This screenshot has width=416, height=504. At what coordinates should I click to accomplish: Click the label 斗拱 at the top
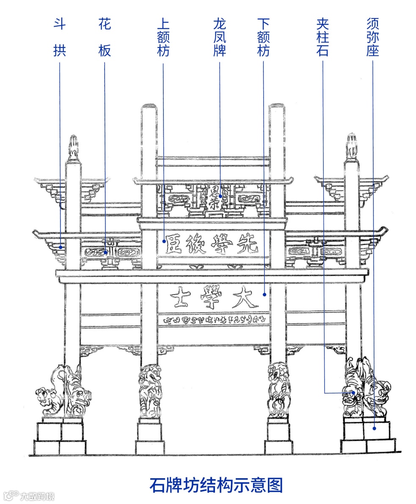pos(60,38)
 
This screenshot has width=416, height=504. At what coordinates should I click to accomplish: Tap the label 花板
pos(105,38)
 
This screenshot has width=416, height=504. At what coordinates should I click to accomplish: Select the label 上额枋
pos(163,38)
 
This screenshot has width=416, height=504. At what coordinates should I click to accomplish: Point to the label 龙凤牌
pos(220,38)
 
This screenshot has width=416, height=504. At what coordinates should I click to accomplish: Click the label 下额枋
pos(263,38)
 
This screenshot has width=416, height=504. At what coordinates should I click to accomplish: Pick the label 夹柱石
pos(322,38)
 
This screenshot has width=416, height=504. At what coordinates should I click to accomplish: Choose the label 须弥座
pos(372,38)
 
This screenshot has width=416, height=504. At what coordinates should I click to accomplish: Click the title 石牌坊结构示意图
pos(216,485)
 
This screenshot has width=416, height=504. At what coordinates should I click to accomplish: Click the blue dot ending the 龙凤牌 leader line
pos(220,196)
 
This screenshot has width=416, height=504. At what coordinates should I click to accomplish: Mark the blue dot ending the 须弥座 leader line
pos(374,429)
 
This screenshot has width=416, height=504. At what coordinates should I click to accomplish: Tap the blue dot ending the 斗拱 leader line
pos(61,247)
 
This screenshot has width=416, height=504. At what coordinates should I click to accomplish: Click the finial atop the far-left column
pos(74,147)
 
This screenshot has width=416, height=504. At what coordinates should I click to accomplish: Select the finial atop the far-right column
pos(351,146)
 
